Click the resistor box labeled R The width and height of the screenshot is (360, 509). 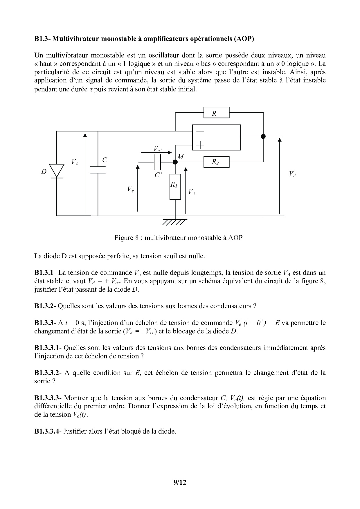(216, 113)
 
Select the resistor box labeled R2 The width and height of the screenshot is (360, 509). (216, 162)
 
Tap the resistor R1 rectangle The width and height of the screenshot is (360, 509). (175, 187)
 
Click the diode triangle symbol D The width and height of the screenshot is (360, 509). (56, 170)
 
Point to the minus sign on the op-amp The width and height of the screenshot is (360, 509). (200, 131)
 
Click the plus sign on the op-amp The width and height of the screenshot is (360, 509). (200, 144)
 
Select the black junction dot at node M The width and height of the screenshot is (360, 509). (175, 162)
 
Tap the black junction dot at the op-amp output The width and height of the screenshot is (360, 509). (263, 136)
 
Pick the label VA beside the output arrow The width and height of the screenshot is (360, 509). (292, 174)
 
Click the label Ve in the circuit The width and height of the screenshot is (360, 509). (130, 189)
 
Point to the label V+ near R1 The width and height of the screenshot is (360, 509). (192, 192)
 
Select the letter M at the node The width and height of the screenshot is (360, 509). (181, 157)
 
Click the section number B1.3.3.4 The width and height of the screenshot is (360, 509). (46, 431)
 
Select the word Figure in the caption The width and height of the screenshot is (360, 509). (124, 238)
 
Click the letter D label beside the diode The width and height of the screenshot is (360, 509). (44, 172)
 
